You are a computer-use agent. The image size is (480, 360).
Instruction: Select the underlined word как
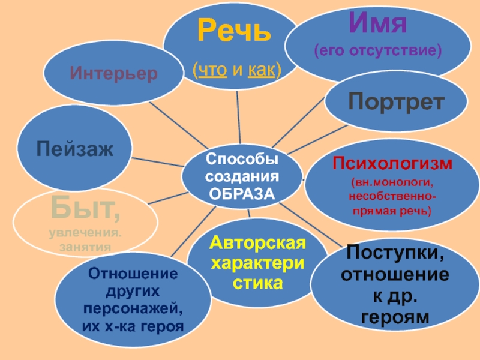(261, 71)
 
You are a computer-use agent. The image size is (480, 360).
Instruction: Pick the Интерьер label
(113, 73)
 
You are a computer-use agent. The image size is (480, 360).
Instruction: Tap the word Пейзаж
(74, 148)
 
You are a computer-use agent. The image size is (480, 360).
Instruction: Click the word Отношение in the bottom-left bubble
(133, 273)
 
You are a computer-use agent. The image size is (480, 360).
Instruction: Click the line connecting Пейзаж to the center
(157, 161)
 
